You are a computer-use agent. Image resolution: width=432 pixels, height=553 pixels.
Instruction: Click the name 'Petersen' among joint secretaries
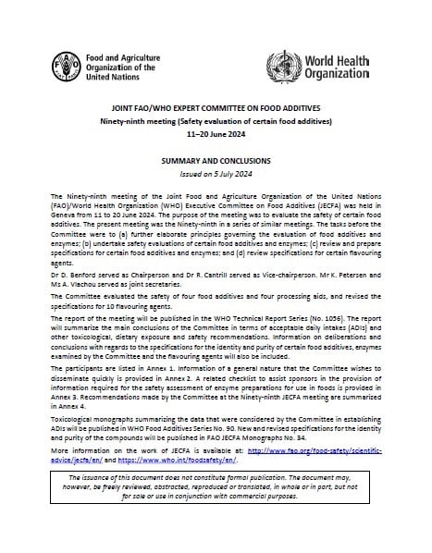(358, 274)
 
